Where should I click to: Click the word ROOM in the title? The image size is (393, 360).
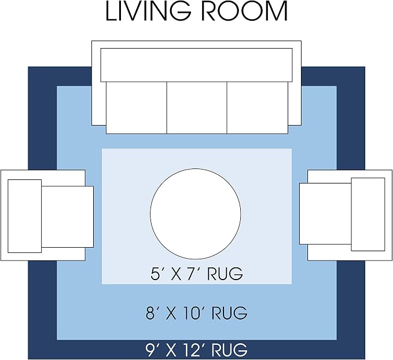click(245, 11)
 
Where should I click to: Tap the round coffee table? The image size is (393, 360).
click(196, 214)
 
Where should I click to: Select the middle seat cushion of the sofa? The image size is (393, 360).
click(197, 108)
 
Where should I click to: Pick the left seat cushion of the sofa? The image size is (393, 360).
click(137, 108)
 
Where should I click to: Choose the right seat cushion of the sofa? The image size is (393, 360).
click(258, 108)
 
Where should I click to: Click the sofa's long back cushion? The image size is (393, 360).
click(197, 65)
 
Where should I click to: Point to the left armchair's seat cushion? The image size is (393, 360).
click(67, 217)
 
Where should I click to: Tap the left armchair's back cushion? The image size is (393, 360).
click(24, 216)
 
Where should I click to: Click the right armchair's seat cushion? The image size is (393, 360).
click(325, 214)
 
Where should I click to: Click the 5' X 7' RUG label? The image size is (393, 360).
click(197, 274)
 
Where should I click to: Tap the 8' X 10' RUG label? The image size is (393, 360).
click(197, 313)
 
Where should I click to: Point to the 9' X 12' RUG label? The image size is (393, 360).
click(197, 350)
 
